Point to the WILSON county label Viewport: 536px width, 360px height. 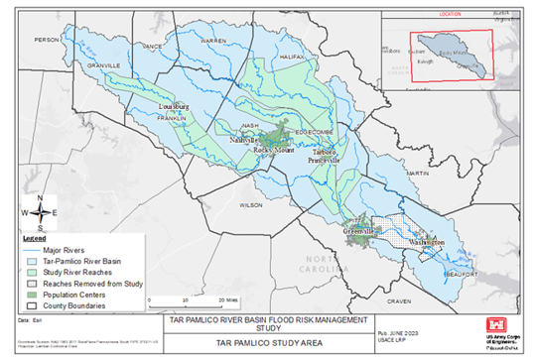pyautogui.click(x=250, y=204)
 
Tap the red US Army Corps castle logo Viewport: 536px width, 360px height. pyautogui.click(x=497, y=325)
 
